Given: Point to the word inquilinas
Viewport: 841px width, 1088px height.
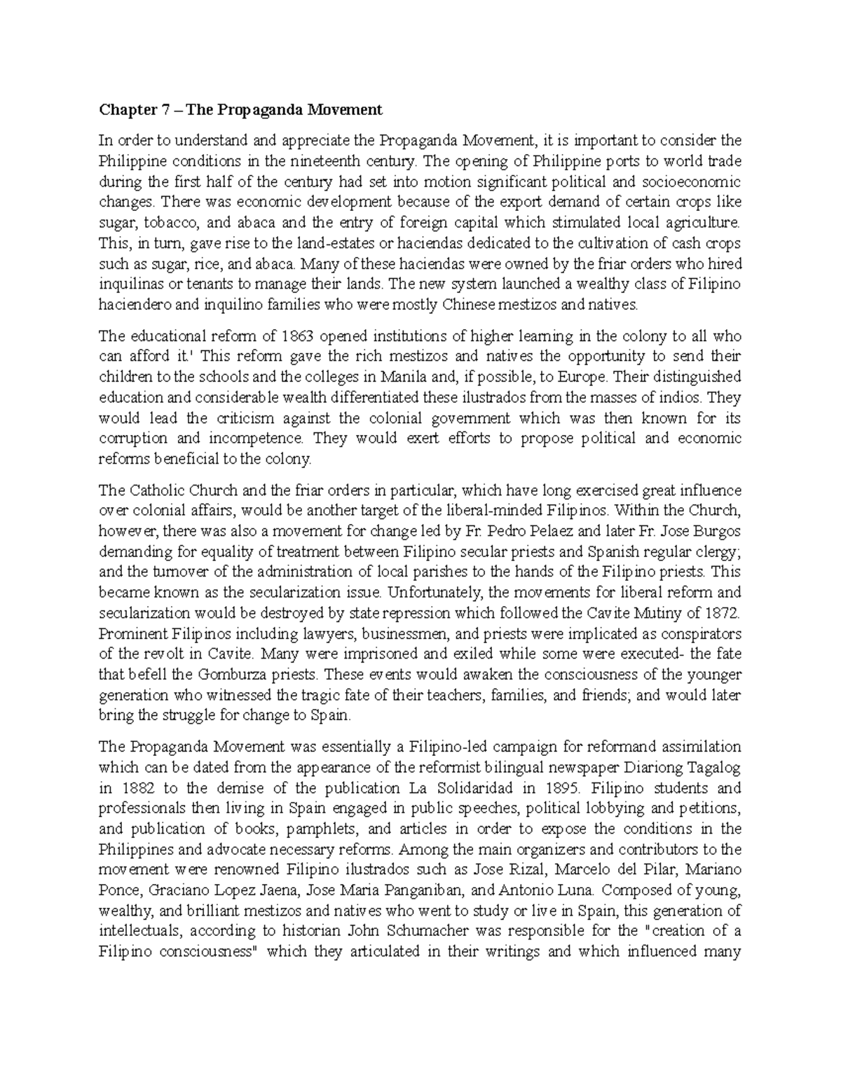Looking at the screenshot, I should pyautogui.click(x=129, y=284).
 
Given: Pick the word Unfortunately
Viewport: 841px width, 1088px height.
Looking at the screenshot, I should pyautogui.click(x=435, y=593).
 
